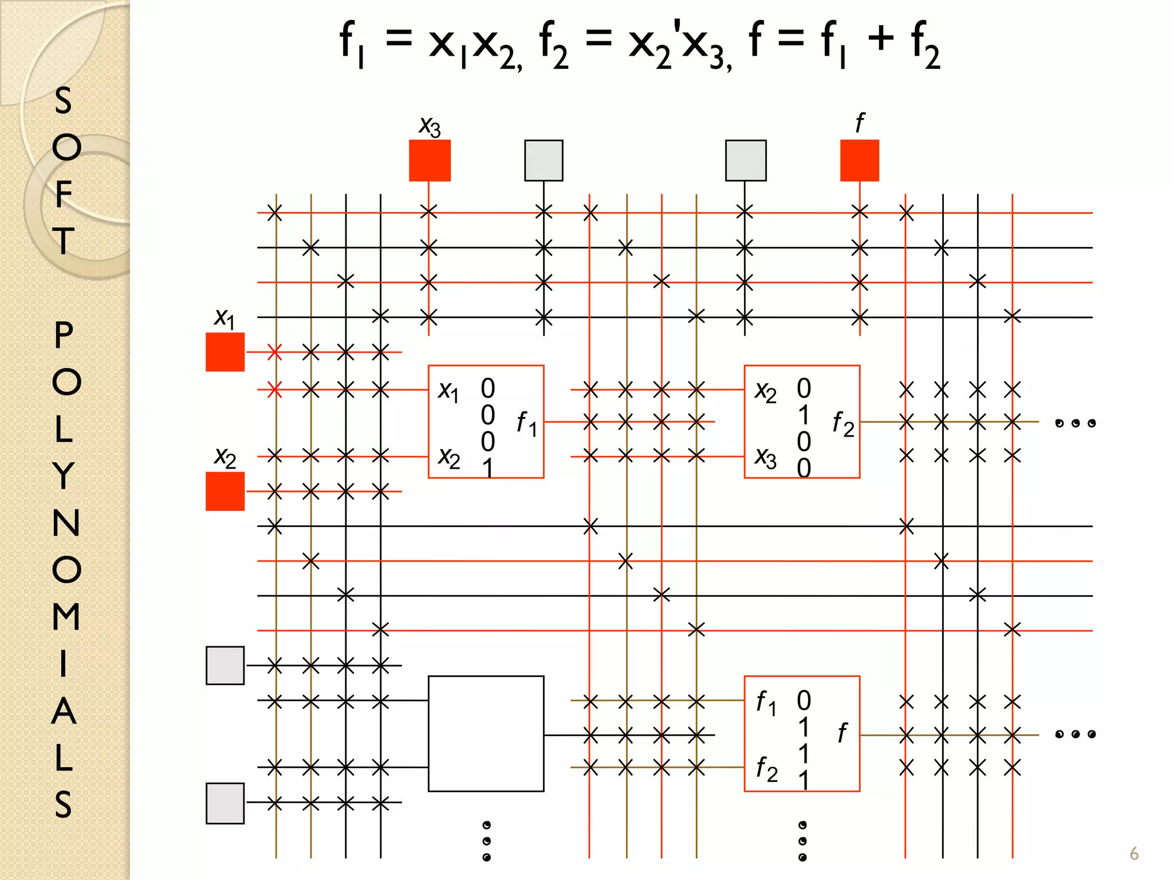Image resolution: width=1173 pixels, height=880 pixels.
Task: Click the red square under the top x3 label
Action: (x=430, y=160)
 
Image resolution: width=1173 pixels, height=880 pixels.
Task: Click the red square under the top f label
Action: (x=859, y=160)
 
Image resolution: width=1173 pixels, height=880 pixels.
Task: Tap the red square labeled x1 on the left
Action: (x=225, y=352)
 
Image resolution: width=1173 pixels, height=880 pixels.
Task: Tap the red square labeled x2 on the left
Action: (x=225, y=491)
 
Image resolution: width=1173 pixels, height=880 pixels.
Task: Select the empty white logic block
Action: (x=486, y=733)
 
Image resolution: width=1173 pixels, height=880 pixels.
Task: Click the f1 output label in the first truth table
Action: (x=526, y=424)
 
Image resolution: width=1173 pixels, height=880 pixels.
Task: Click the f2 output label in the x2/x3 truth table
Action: (x=843, y=424)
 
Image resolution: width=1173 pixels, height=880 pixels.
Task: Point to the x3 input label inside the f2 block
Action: (x=765, y=458)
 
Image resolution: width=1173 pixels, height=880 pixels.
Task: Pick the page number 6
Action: (x=1133, y=854)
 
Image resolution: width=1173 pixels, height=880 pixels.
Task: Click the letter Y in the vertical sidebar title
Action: (x=64, y=476)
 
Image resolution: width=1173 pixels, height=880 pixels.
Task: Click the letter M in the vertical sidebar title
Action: (x=66, y=616)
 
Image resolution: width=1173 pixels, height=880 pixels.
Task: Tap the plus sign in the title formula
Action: (x=880, y=39)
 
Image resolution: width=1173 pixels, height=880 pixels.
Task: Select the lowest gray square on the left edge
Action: (x=225, y=803)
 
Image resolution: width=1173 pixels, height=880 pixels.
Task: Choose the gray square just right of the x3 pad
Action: (x=544, y=160)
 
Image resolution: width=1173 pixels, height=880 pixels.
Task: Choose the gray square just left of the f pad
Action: (x=745, y=160)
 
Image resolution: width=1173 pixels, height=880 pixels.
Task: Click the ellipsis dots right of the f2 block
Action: (x=1075, y=423)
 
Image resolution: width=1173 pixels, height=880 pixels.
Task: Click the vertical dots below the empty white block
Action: (x=486, y=840)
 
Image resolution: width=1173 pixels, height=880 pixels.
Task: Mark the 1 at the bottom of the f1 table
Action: (x=487, y=469)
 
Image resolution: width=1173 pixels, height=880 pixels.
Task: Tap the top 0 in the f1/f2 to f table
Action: (x=804, y=700)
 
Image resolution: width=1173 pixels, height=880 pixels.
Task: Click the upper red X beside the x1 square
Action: (x=274, y=352)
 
